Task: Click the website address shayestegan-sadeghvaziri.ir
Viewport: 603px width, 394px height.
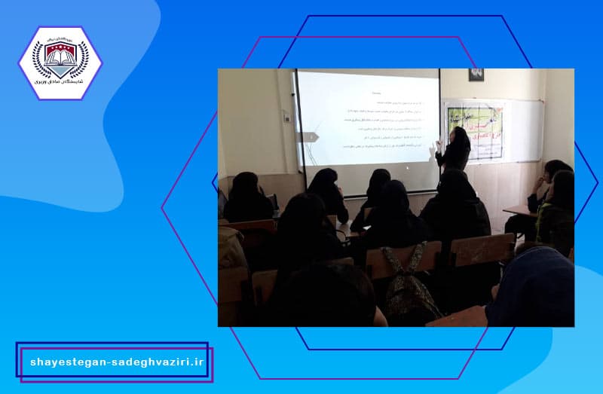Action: (117, 362)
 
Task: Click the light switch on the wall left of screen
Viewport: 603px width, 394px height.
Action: (286, 117)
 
